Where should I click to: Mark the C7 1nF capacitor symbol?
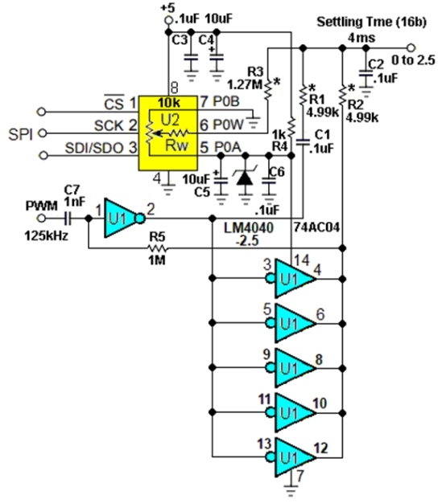[x=68, y=218]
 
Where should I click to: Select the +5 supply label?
[x=167, y=7]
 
